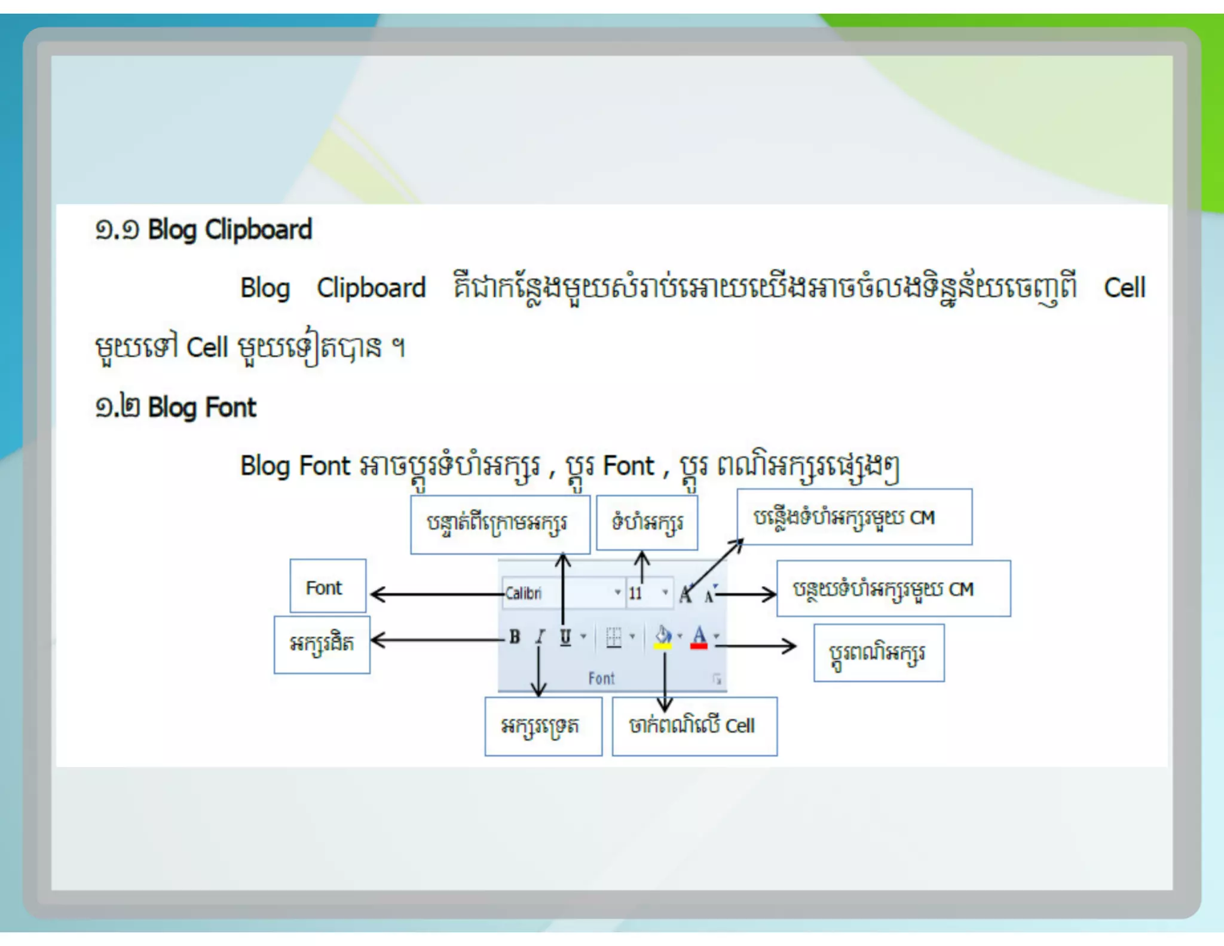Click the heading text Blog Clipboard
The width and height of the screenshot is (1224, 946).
229,230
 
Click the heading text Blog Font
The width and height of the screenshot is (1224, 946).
202,408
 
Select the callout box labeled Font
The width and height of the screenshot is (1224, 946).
328,586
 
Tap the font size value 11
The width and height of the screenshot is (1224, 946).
635,593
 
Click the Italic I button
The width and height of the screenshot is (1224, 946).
540,637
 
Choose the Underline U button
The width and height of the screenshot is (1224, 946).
565,637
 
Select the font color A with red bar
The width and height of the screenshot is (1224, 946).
699,637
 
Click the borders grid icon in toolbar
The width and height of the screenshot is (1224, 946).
614,637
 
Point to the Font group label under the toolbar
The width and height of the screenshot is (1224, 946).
601,678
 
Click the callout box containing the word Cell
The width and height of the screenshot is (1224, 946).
694,726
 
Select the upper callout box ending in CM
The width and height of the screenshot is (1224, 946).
854,517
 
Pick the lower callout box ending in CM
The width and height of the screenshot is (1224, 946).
893,589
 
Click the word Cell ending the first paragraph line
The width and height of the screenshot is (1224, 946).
1124,288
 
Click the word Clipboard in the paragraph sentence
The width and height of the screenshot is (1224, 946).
371,288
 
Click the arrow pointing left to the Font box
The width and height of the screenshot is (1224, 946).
436,594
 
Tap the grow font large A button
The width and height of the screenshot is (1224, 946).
686,594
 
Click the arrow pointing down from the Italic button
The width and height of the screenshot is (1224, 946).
539,670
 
